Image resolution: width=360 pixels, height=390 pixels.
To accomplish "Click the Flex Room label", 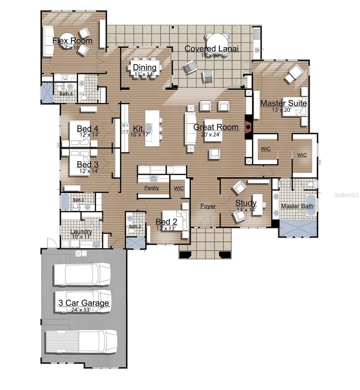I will [x=72, y=41].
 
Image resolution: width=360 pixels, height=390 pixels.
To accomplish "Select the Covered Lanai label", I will [x=212, y=49].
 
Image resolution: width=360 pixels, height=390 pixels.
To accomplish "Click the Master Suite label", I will [x=283, y=103].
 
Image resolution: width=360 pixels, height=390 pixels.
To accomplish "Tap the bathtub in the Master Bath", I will [x=311, y=205].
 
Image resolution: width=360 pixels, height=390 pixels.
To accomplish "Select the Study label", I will [x=246, y=203].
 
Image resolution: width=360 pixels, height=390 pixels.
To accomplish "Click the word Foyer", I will [x=208, y=206].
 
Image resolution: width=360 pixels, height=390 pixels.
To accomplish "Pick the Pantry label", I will [x=151, y=188].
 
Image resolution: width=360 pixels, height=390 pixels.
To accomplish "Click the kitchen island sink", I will [x=149, y=126].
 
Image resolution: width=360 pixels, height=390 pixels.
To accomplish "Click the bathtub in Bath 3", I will [x=65, y=202].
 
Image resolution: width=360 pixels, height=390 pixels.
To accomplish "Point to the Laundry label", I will [x=81, y=232].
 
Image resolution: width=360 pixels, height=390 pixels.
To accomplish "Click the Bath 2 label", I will [x=135, y=226].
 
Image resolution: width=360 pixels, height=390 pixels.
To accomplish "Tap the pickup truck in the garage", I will [x=81, y=342].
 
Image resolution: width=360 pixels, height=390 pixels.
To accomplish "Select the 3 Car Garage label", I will [x=84, y=303].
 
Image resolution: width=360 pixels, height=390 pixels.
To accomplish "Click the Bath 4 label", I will [x=66, y=94].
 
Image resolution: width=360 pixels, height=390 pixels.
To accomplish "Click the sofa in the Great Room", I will [x=190, y=128].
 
